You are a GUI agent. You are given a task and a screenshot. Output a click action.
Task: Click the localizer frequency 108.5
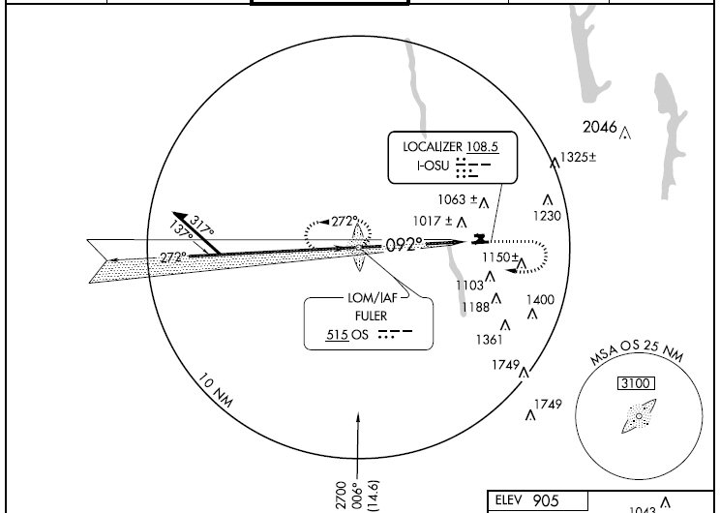[x=483, y=146]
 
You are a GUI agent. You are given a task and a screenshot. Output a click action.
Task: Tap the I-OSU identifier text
[x=433, y=166]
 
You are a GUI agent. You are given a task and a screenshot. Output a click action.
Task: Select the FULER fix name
[x=371, y=316]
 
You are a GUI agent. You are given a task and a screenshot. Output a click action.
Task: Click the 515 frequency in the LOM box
[x=337, y=335]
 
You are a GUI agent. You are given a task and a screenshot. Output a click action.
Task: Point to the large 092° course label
[x=405, y=245]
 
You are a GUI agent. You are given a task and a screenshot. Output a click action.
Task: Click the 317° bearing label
[x=201, y=226]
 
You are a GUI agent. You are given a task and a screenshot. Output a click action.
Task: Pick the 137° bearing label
[x=181, y=229]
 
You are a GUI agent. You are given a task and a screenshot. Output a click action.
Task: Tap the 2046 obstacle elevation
[x=600, y=127]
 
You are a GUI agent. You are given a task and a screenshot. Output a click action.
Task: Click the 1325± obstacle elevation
[x=579, y=158]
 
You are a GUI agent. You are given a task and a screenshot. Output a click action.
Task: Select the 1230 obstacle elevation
[x=548, y=216]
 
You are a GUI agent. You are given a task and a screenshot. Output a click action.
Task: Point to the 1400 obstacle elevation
[x=540, y=300]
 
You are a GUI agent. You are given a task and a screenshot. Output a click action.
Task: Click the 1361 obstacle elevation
[x=490, y=340]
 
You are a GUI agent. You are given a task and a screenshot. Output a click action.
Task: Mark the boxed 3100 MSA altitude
[x=636, y=383]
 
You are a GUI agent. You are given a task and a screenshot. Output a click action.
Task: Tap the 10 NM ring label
[x=216, y=390]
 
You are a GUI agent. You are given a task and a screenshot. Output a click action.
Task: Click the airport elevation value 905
[x=546, y=500]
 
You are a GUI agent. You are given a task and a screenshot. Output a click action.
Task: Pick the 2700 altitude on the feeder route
[x=342, y=496]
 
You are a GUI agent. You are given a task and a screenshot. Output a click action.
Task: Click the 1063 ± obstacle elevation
[x=458, y=199]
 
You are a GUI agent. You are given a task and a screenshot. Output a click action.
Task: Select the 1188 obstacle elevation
[x=476, y=307]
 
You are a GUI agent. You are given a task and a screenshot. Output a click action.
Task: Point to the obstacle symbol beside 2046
[x=625, y=134]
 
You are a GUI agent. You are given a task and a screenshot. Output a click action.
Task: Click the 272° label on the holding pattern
[x=345, y=222]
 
